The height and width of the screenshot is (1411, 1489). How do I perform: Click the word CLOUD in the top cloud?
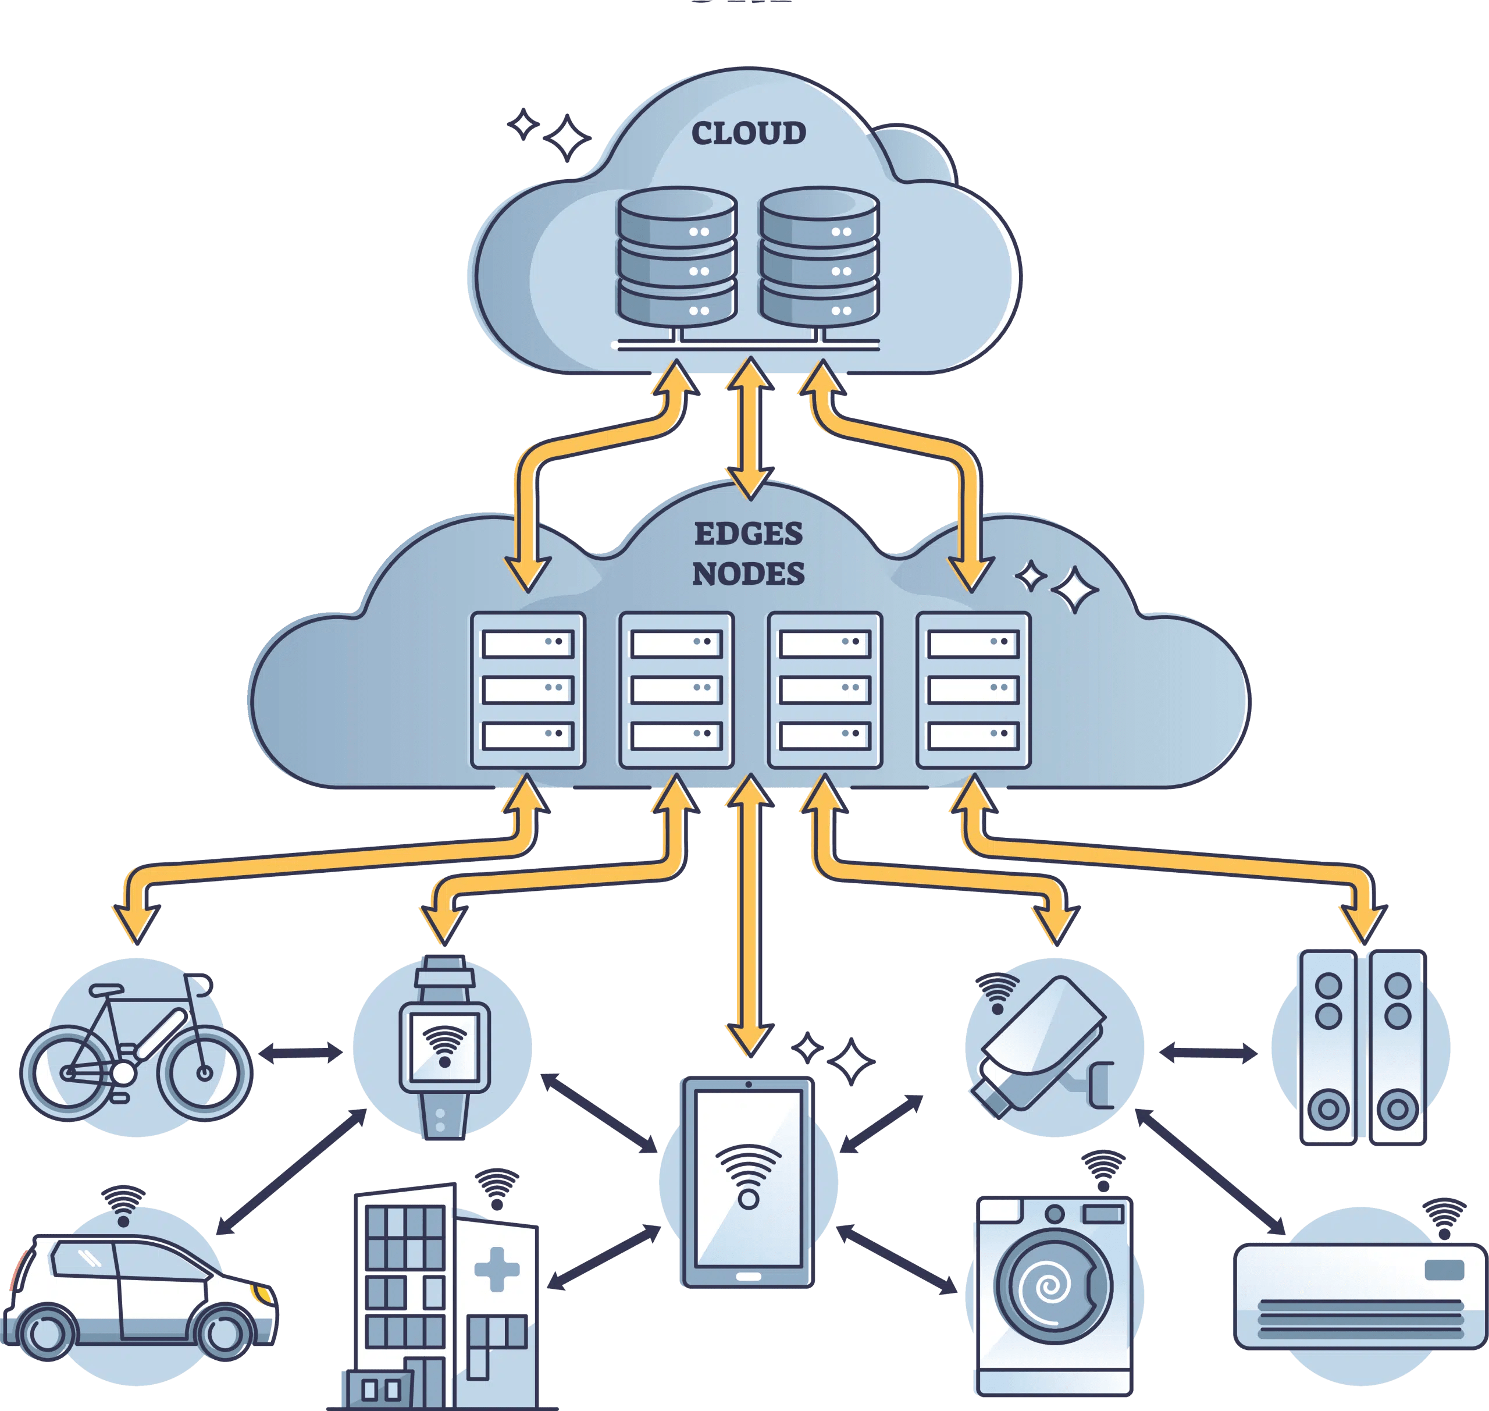(748, 133)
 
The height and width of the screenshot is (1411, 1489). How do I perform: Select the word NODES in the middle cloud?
(748, 574)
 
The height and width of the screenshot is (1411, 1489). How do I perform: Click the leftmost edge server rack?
(528, 689)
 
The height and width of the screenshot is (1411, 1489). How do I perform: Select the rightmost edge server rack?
(973, 689)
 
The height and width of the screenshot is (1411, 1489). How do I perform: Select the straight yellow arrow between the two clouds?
(749, 429)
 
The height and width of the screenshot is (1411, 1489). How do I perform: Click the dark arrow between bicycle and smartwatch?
(301, 1053)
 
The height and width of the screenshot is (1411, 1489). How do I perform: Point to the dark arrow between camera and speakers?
(1207, 1053)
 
